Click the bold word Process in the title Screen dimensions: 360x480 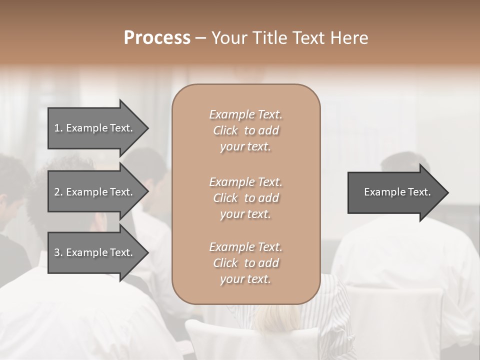157,38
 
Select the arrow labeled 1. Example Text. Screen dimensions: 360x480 95,128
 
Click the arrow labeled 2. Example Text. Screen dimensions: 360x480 95,192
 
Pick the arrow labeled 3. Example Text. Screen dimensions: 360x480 95,252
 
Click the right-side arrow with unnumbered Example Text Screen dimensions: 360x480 395,192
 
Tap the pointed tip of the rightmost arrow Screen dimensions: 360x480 447,192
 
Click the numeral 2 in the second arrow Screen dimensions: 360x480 57,192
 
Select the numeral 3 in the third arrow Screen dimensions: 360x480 57,252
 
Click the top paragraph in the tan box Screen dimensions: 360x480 245,130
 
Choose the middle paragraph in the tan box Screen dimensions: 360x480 245,198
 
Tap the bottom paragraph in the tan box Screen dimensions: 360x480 245,263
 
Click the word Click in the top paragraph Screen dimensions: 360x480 225,130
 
